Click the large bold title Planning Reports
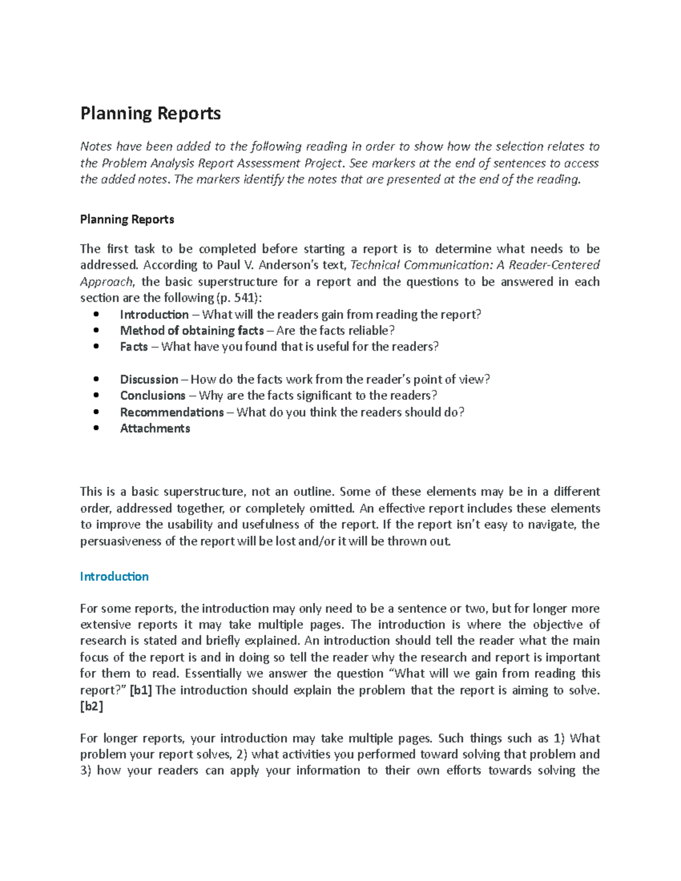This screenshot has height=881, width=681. (150, 114)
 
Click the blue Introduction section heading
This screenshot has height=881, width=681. (114, 576)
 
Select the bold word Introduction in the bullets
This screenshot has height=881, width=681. (154, 314)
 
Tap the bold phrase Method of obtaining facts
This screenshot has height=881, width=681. (192, 331)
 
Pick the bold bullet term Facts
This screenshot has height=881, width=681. (134, 347)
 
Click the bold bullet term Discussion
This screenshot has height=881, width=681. (149, 380)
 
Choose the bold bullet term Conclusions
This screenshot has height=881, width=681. (153, 395)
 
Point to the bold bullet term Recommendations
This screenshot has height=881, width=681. (172, 412)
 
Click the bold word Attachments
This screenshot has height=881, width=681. (155, 428)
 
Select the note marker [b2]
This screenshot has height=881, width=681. (91, 707)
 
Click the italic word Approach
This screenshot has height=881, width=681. (106, 282)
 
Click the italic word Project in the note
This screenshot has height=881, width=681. (323, 163)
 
